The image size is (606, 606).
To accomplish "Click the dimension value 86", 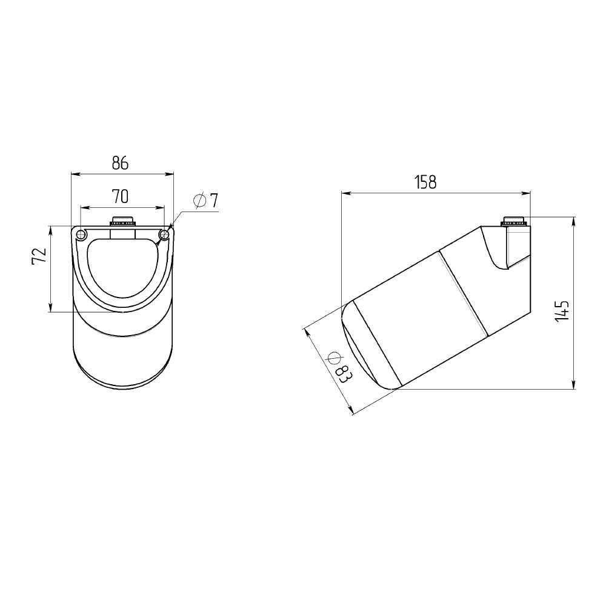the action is click(x=120, y=164).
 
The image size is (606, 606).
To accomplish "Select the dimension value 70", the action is click(x=120, y=197).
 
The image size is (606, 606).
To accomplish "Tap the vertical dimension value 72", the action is click(x=39, y=256).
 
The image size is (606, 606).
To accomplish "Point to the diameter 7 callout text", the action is click(x=206, y=201).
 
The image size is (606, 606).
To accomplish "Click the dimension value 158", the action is click(x=425, y=182).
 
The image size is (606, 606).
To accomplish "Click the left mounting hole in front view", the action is click(x=81, y=235).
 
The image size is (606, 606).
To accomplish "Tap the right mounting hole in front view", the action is click(x=164, y=235).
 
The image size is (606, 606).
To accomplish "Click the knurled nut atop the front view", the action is click(x=122, y=221).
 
